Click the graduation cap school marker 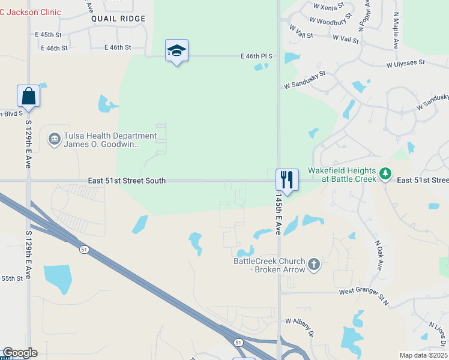coord(176,50)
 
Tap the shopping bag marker coord(28,95)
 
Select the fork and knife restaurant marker coord(287,179)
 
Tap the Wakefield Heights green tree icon coord(385,175)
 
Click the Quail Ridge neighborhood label coord(118,19)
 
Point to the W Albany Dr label coord(300,327)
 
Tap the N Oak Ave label coord(379,255)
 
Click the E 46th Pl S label coord(256,56)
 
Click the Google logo coord(20,353)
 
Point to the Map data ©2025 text coord(423,355)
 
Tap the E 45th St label coord(53,34)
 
